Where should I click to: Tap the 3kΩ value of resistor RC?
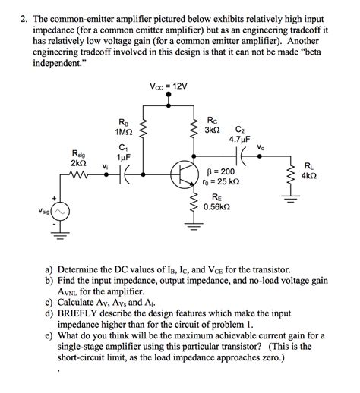point(216,130)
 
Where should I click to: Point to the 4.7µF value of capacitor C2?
point(240,140)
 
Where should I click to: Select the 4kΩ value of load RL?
point(308,175)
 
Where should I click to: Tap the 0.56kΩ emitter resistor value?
point(217,205)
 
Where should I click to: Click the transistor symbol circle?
point(184,174)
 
